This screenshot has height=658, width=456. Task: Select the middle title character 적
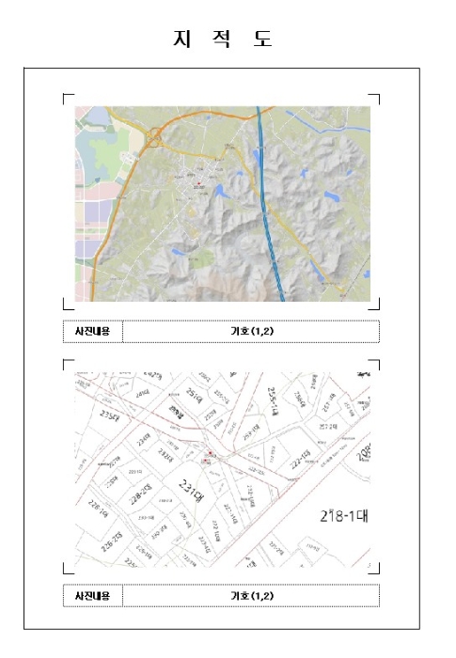click(x=222, y=39)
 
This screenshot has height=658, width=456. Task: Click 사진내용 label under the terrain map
click(x=92, y=332)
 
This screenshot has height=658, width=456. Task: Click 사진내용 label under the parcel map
click(x=92, y=595)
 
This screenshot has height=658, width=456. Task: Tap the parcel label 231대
click(x=192, y=491)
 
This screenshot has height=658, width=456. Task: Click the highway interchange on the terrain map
click(x=154, y=138)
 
